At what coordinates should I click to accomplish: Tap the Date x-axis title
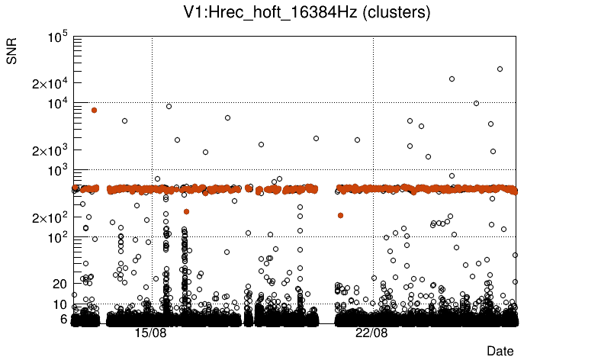point(500,351)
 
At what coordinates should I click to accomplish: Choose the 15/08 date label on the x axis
point(151,334)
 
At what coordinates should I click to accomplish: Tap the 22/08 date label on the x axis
point(371,334)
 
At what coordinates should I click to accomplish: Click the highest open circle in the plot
point(500,69)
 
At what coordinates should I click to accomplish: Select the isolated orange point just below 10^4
point(94,110)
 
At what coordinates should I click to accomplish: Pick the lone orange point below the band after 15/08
point(186,211)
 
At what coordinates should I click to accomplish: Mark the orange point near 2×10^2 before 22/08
point(340,215)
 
